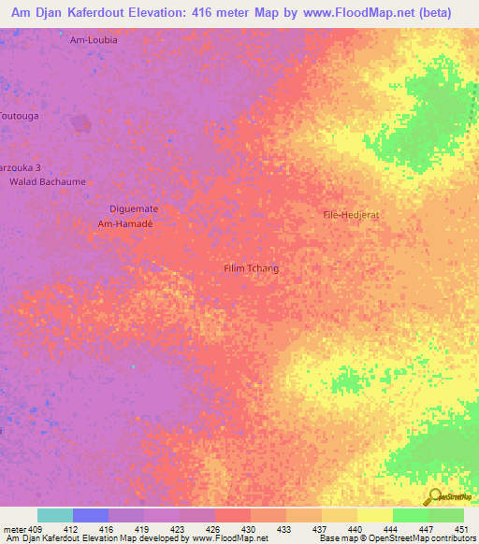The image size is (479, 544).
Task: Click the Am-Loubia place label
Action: (x=94, y=41)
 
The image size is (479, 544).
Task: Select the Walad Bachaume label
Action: (x=48, y=181)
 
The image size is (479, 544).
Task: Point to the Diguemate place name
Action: (x=134, y=208)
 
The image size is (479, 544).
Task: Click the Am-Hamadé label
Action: (x=125, y=224)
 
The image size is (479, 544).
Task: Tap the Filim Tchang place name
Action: (x=252, y=268)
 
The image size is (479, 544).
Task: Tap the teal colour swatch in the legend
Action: (x=55, y=515)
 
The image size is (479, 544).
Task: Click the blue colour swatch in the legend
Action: (x=91, y=515)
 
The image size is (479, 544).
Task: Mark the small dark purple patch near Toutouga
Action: (x=81, y=122)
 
